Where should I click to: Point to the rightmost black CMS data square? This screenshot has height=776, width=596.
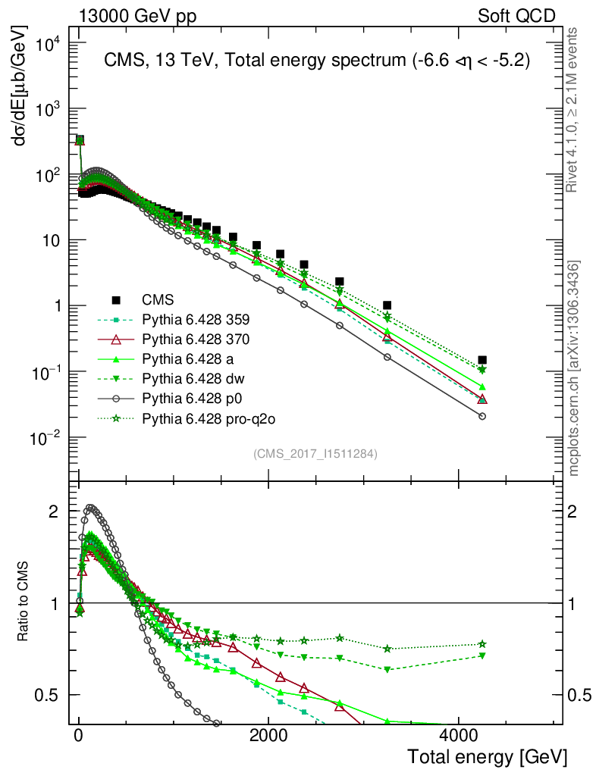coord(482,360)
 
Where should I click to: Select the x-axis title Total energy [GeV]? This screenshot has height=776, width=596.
coord(487,757)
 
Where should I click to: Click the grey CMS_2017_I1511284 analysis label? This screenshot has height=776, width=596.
coord(315,454)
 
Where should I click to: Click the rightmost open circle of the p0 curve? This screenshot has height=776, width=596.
coord(482,416)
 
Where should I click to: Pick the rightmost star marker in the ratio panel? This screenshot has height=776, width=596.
coord(482,644)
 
